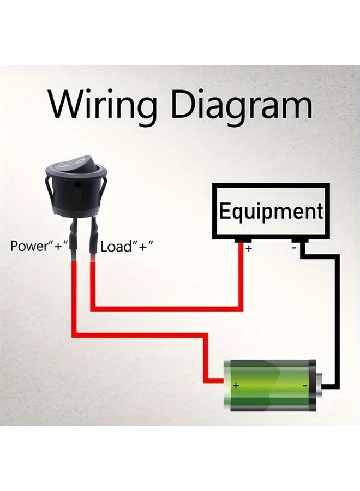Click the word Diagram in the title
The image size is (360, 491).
pyautogui.click(x=240, y=105)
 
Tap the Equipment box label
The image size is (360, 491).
pyautogui.click(x=271, y=211)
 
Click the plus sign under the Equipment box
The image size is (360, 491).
pyautogui.click(x=249, y=249)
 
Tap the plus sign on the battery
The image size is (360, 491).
pyautogui.click(x=236, y=385)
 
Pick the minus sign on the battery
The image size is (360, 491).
pyautogui.click(x=304, y=386)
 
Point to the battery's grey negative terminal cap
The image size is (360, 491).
pyautogui.click(x=317, y=385)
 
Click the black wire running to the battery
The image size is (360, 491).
pyautogui.click(x=337, y=316)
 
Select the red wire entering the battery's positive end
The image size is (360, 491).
pyautogui.click(x=215, y=380)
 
